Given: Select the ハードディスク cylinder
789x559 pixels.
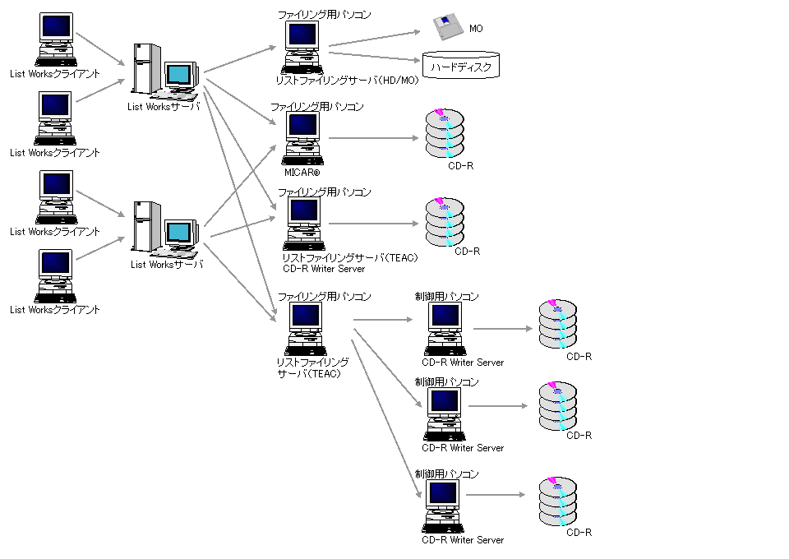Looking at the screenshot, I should tap(461, 65).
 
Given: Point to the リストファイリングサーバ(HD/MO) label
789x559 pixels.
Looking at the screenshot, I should tap(348, 81).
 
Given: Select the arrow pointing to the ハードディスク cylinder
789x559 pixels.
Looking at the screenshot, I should tap(375, 55).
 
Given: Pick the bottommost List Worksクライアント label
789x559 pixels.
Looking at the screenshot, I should tap(55, 310).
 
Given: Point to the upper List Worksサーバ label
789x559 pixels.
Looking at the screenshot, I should tap(164, 105).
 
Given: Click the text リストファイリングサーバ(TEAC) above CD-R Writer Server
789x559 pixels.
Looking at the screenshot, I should tap(350, 258).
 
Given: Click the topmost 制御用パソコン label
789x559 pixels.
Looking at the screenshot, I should tap(446, 296).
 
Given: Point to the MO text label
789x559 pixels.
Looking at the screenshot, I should tap(476, 29).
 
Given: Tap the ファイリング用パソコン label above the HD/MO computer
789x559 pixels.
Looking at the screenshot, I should tap(324, 15).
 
